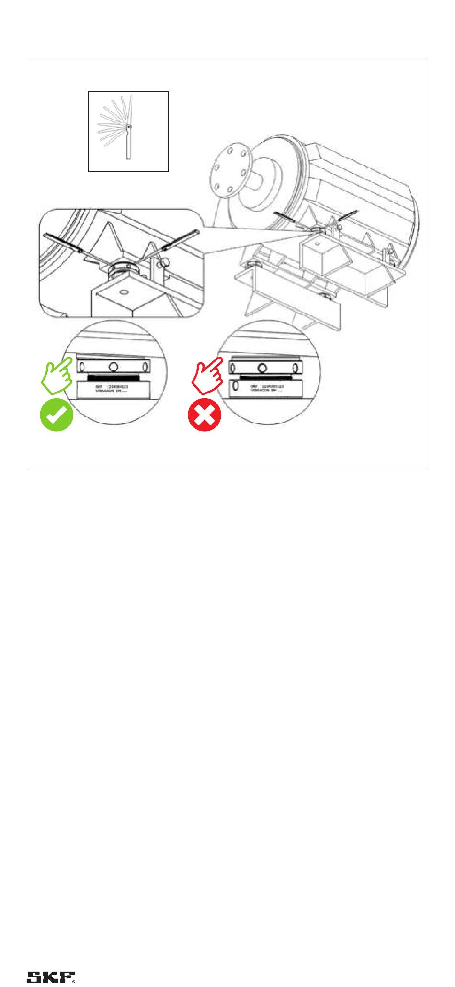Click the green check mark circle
click(x=56, y=414)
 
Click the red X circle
click(x=205, y=414)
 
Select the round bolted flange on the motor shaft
click(x=229, y=170)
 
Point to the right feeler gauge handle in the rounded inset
click(x=179, y=239)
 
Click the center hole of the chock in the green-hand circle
click(x=114, y=367)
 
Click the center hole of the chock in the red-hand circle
click(x=262, y=368)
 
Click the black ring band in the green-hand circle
click(x=113, y=377)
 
